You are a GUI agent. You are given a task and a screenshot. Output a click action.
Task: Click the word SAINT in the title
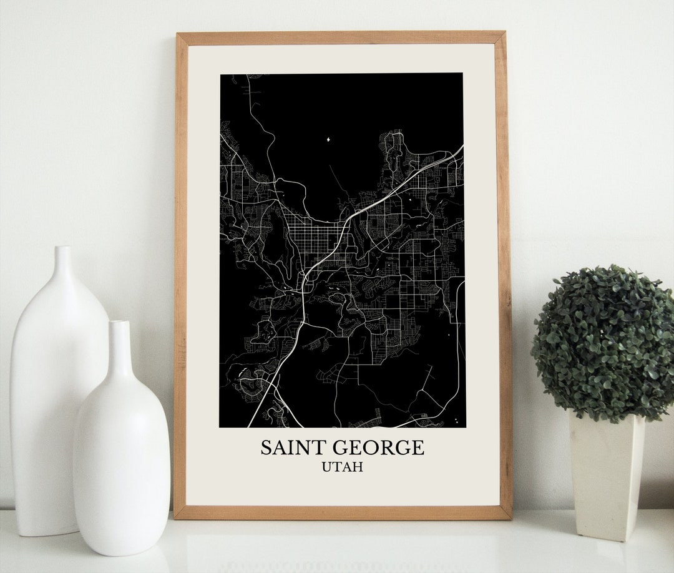click(289, 448)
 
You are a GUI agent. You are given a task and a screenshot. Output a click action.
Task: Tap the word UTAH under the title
click(342, 467)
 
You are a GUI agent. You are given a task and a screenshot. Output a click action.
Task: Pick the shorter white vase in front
click(121, 449)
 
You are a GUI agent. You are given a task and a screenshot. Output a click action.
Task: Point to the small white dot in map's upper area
click(328, 139)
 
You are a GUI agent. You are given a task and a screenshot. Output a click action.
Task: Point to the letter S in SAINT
click(266, 448)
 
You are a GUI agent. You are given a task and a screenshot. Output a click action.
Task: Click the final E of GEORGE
click(418, 448)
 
